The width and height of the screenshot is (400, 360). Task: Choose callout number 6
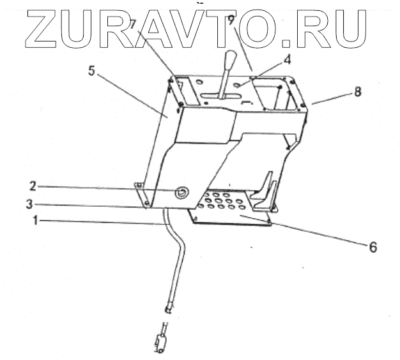click(373, 246)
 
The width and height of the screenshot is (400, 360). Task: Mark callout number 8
click(358, 91)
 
